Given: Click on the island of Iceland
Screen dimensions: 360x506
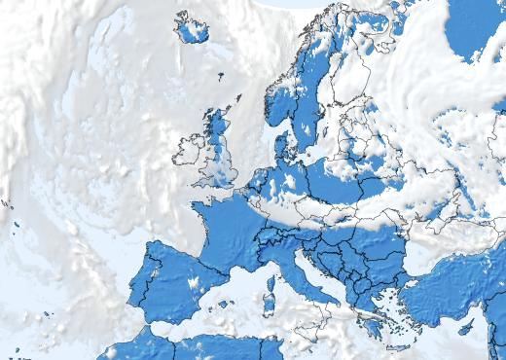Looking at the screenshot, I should point(196,28).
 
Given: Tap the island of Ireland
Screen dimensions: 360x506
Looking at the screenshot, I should point(189,152).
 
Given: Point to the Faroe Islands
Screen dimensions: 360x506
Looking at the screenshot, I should point(220,76).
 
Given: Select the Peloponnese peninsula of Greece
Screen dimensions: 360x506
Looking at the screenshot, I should point(369,322).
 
